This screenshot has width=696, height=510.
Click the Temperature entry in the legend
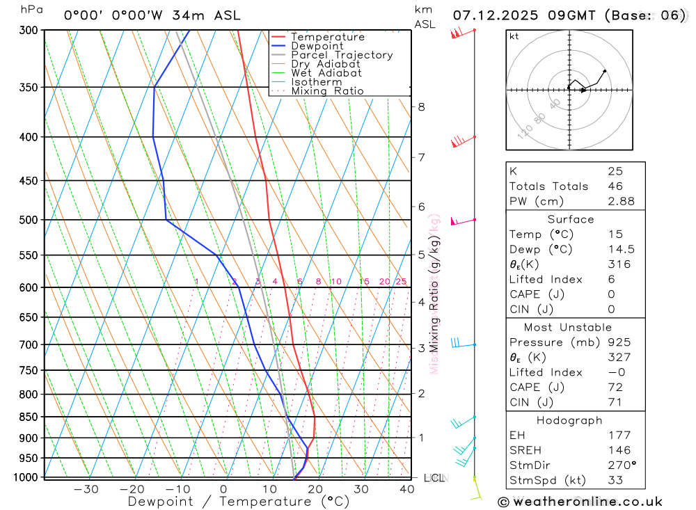[327, 37]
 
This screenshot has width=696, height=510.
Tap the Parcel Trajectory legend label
[342, 55]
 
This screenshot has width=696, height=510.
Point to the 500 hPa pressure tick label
[29, 220]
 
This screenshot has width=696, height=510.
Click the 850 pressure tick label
[29, 417]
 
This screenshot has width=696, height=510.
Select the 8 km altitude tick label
[421, 106]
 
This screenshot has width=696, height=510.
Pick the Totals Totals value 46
[615, 186]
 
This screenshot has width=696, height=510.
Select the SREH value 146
[619, 450]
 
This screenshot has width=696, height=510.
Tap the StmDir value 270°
[619, 465]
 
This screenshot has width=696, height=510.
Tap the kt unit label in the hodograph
[514, 37]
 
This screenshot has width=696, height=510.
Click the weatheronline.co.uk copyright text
[580, 501]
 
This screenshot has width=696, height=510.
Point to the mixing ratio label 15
[364, 282]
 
